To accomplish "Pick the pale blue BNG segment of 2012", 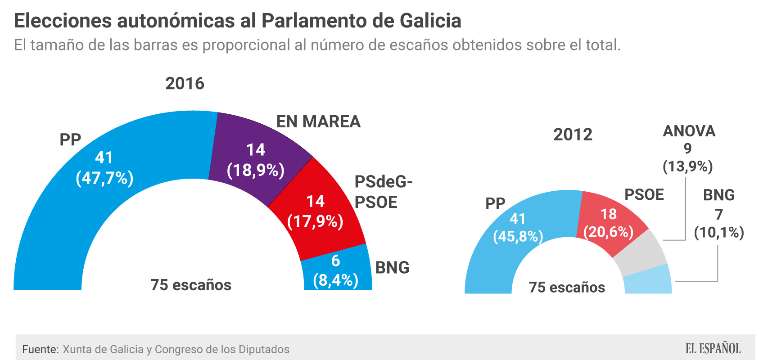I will pos(648,281).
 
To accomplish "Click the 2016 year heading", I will pos(185,84).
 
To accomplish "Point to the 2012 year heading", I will pos(573,135).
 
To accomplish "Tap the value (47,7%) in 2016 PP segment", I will pos(104,178).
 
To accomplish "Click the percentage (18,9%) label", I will pos(256,171).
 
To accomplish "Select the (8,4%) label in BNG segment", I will pos(336,280).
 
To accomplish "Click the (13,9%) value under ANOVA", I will pos(687,166).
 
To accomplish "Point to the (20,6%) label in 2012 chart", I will pos(609,232).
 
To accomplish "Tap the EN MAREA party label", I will pos(318,121).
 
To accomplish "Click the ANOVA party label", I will pos(689,131).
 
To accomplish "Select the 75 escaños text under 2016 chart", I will pos(191,285).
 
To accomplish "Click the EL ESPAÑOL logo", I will pos(713,349).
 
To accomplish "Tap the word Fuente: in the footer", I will pos(41,350).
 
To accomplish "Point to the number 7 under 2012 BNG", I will pos(719,214).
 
